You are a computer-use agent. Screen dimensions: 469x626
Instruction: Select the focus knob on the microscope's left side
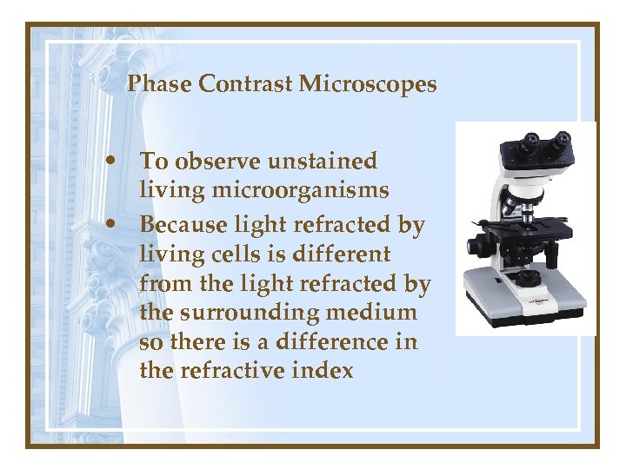pyautogui.click(x=476, y=247)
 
